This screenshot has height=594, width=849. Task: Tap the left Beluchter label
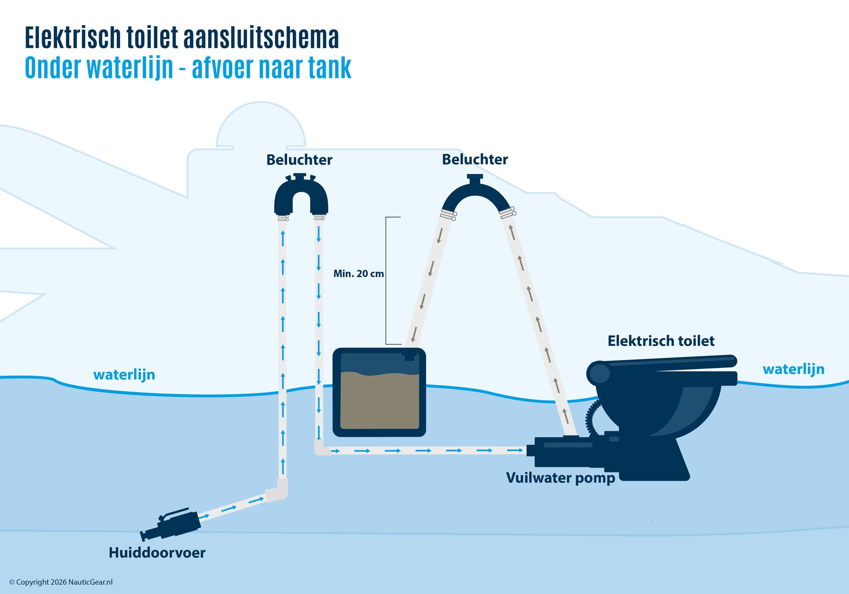coord(299,160)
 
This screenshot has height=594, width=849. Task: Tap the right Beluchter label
coord(475,159)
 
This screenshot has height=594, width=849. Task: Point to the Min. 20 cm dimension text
coord(358,274)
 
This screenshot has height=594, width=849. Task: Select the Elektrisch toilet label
coord(661,341)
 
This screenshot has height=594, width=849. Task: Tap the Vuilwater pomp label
coord(560,478)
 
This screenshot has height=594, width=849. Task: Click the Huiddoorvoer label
coord(157,553)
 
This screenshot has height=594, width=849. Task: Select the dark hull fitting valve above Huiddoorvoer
coord(172,525)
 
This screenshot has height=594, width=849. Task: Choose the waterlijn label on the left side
coord(124,375)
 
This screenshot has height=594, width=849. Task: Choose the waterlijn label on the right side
coord(793,369)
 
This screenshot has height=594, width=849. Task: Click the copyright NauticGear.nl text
coord(61,582)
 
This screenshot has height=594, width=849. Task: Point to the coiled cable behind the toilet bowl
coord(591,418)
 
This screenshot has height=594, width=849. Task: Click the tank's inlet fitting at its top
coord(409,354)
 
